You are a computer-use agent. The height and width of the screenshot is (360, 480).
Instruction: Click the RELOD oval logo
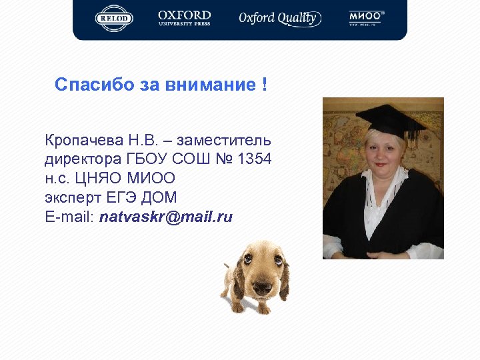click(x=114, y=18)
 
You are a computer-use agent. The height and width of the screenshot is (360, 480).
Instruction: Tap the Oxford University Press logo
click(x=184, y=18)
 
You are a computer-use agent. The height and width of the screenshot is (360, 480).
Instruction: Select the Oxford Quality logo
click(x=279, y=18)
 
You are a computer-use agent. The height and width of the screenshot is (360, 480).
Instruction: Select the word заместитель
click(x=231, y=141)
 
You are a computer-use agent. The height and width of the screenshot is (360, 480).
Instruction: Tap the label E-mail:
click(x=70, y=217)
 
